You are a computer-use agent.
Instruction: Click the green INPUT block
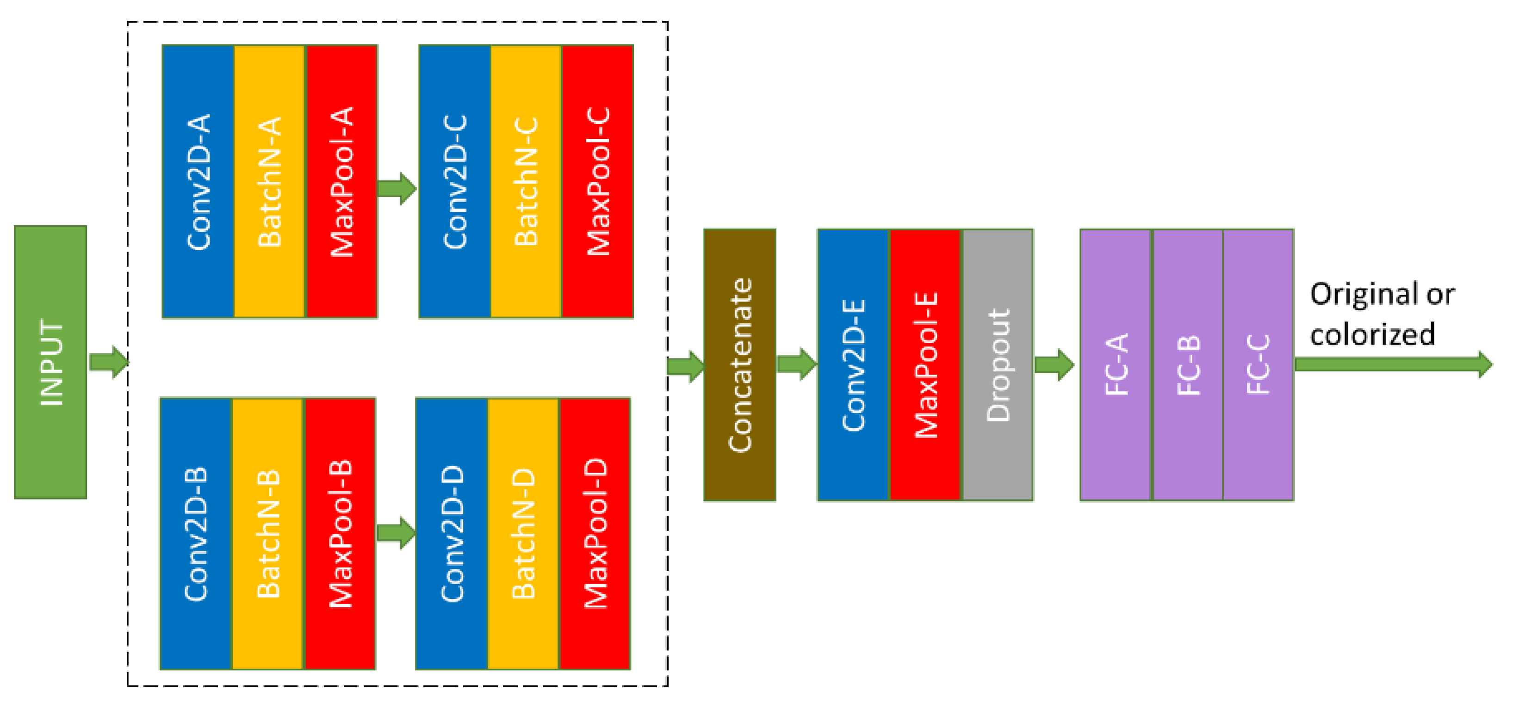tap(50, 362)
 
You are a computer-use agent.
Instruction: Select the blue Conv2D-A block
tap(198, 181)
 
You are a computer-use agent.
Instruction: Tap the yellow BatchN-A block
tap(270, 181)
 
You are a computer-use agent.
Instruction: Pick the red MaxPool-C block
tap(597, 181)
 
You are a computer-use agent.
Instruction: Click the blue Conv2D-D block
tap(452, 534)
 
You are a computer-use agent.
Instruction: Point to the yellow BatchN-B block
tap(268, 534)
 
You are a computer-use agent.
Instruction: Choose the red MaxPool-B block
tap(340, 534)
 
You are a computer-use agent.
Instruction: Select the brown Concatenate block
tap(739, 365)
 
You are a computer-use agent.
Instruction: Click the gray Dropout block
tap(997, 365)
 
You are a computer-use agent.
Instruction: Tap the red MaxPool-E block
tap(925, 365)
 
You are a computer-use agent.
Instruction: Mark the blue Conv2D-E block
tap(853, 365)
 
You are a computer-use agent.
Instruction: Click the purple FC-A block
tap(1116, 365)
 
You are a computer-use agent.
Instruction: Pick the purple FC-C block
tap(1258, 365)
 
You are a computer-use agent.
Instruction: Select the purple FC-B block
tap(1188, 365)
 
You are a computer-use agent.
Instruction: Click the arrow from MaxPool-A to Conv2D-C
tap(397, 189)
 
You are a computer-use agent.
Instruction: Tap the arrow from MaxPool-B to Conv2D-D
tap(397, 533)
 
